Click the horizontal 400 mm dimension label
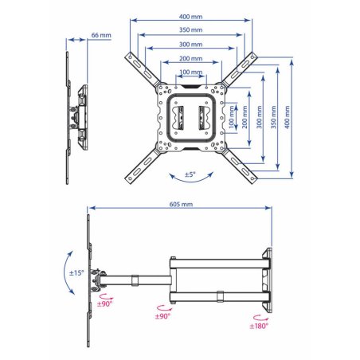coord(190,17)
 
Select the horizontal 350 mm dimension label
coord(190,29)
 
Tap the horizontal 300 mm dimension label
coord(190,44)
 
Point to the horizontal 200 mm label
coord(190,58)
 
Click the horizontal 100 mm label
coord(191,72)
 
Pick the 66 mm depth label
coord(101,35)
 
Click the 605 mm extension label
coord(181,204)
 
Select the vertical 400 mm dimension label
coord(287,117)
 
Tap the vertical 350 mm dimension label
coord(273,117)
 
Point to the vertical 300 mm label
coord(259,117)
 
